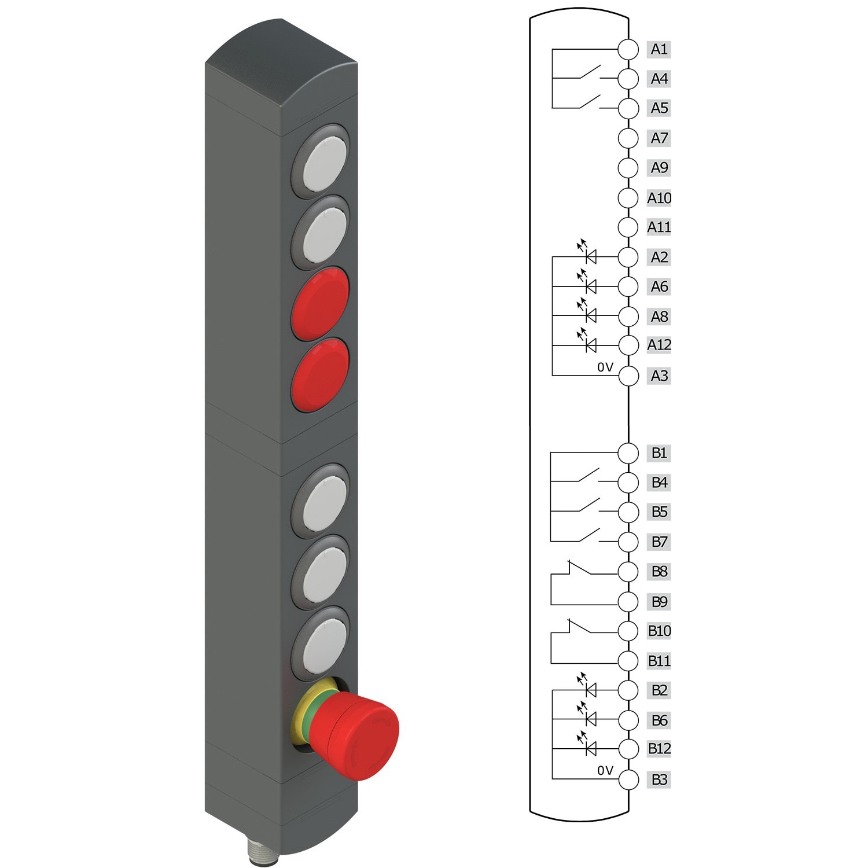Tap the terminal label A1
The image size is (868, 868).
659,49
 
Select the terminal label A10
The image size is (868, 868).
659,198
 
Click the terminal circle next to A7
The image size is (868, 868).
628,138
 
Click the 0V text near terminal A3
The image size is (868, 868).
605,367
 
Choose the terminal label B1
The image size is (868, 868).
659,453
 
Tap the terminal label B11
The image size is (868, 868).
659,660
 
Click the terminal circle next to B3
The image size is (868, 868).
628,779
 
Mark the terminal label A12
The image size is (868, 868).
659,345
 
